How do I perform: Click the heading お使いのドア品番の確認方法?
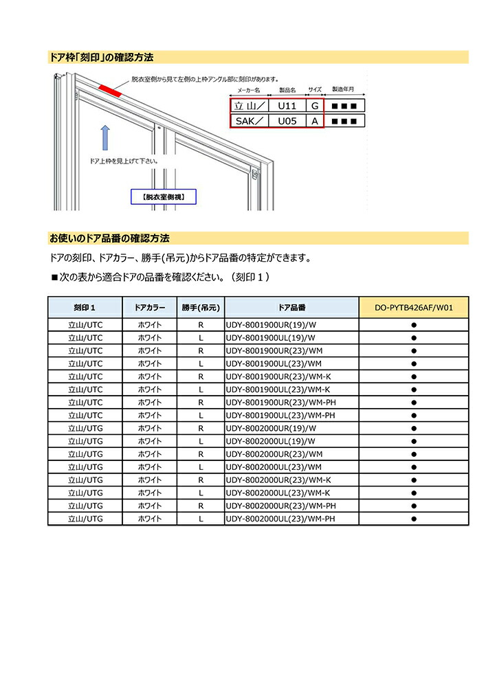click(x=109, y=238)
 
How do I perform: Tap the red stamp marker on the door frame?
click(x=110, y=89)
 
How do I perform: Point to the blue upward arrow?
click(x=104, y=137)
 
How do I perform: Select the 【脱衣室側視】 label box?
click(x=163, y=197)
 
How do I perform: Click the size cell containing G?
click(x=315, y=106)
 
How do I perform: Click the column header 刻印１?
click(x=85, y=307)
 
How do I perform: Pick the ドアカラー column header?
click(x=150, y=307)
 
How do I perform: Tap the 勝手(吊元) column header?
click(x=201, y=307)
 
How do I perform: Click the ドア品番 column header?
click(x=292, y=307)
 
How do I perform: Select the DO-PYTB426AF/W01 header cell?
click(x=414, y=307)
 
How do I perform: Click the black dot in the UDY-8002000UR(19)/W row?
click(x=414, y=428)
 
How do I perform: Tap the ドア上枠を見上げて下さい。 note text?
click(x=124, y=161)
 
